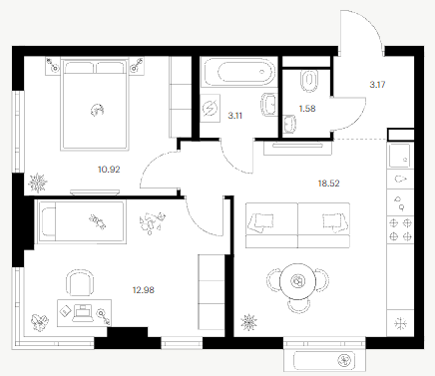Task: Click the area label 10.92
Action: point(109,170)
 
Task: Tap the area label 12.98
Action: point(144,290)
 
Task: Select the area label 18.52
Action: point(329,184)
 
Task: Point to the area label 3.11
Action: point(235,116)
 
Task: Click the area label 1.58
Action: point(307,109)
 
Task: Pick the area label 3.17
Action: point(377,85)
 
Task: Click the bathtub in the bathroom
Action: point(238,72)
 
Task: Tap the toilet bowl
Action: point(309,81)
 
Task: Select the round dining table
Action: point(297,281)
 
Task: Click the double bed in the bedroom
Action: point(95,104)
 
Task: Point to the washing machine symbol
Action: point(211,109)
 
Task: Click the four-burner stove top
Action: point(400,229)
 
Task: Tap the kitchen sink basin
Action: point(400,156)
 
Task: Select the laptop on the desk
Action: point(82,313)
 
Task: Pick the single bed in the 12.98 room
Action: point(82,221)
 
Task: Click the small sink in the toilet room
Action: point(290,124)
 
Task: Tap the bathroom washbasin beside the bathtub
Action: point(268,105)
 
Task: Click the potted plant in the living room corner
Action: point(249,322)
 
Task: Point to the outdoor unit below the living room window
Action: point(324,360)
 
